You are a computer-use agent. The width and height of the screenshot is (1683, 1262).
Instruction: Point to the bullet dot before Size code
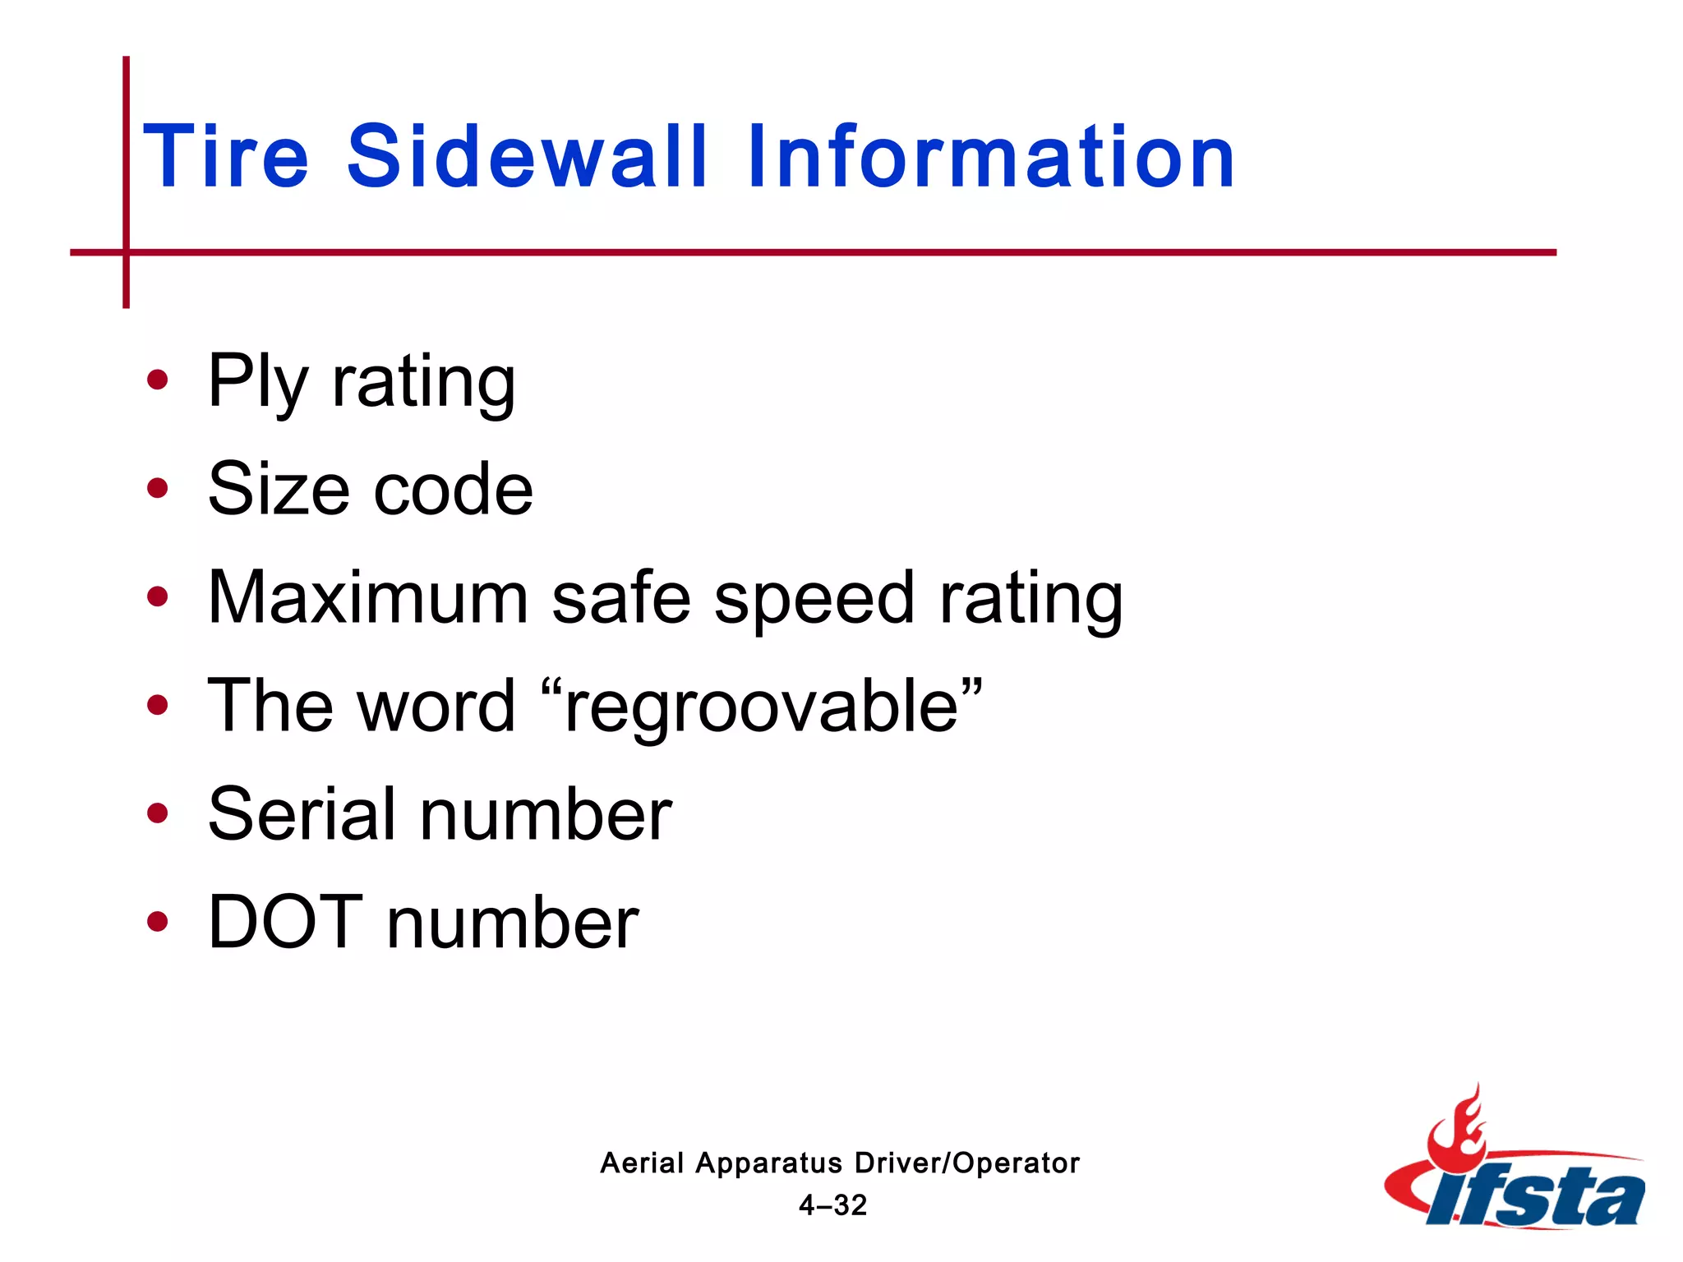click(157, 489)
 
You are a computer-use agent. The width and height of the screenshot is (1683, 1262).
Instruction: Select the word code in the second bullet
click(453, 490)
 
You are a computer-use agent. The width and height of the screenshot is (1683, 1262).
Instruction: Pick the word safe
click(621, 598)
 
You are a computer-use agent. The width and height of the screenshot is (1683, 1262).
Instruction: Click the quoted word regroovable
click(761, 707)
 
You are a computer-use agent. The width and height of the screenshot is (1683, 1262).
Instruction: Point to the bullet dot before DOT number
click(157, 922)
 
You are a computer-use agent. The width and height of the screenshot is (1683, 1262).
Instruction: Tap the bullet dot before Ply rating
click(157, 380)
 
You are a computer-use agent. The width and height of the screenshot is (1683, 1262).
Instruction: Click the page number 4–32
click(833, 1205)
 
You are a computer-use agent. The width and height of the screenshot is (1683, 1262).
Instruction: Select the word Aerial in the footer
click(642, 1163)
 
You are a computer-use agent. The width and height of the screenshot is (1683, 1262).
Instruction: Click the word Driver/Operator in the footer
click(967, 1163)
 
